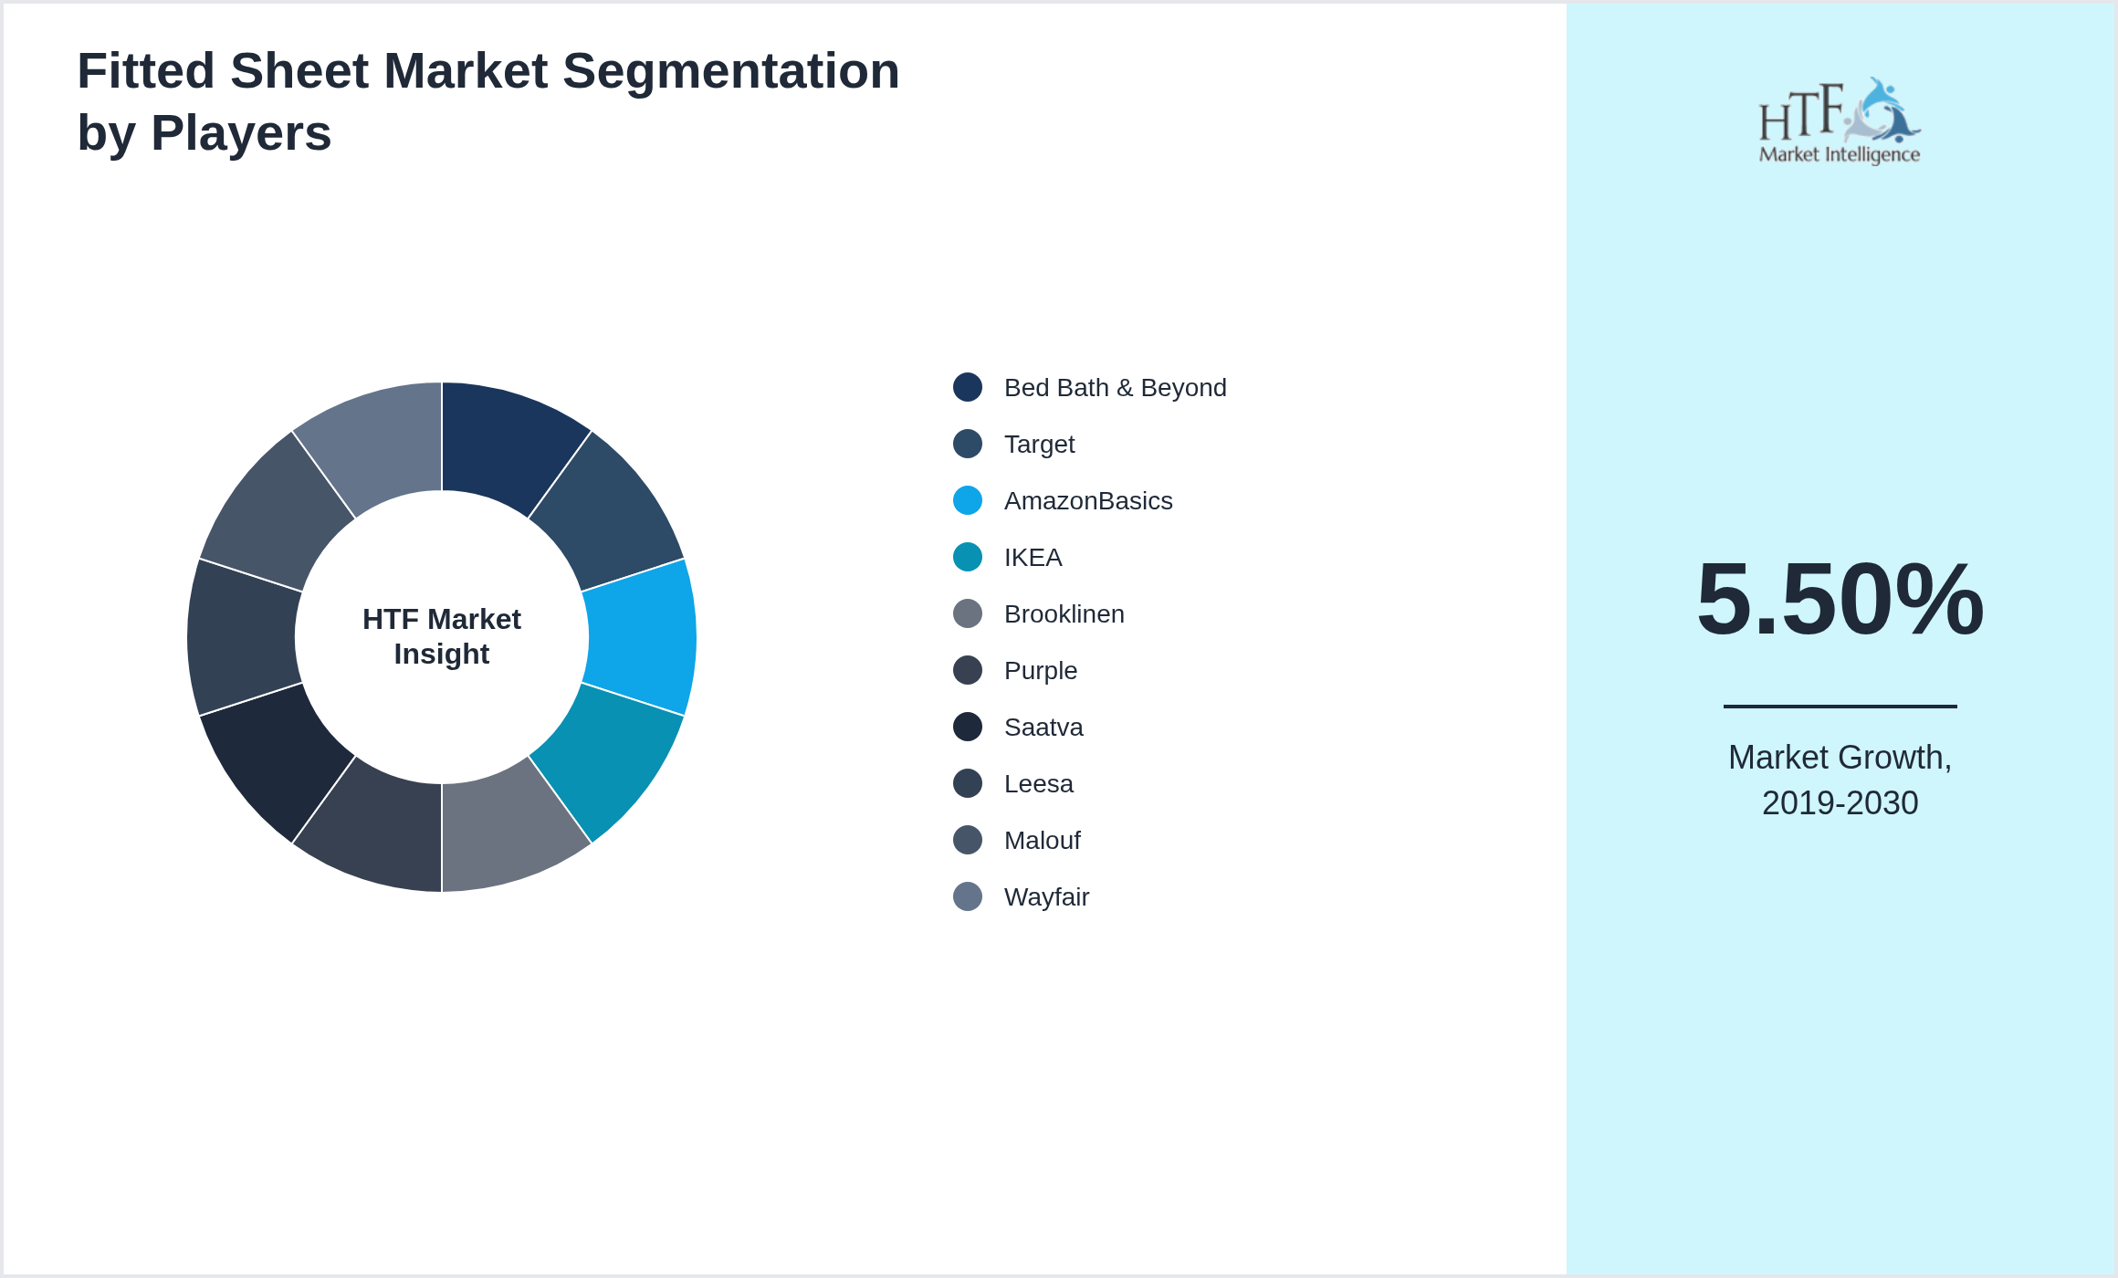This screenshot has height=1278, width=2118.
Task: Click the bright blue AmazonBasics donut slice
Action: click(641, 637)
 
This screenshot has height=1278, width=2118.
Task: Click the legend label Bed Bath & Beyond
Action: click(1115, 388)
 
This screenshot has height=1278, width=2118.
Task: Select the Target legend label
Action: click(1039, 445)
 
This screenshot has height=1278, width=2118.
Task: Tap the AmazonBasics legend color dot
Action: click(968, 500)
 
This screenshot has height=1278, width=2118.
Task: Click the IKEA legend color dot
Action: click(968, 557)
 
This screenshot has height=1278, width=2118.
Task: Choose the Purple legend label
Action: click(1041, 671)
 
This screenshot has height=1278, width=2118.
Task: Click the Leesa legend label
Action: click(1038, 784)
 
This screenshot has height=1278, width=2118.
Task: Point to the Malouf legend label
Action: click(1042, 841)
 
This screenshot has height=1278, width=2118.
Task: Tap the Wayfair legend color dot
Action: click(968, 896)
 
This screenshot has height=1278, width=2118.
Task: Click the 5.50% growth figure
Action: click(1840, 599)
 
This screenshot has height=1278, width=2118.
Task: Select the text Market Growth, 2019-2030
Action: click(1840, 780)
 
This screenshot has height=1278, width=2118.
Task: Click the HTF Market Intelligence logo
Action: click(1840, 120)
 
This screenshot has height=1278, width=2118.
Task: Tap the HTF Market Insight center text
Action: click(442, 636)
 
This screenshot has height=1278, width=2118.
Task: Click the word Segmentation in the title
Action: click(730, 71)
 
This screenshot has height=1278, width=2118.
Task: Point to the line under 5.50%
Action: click(1840, 706)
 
